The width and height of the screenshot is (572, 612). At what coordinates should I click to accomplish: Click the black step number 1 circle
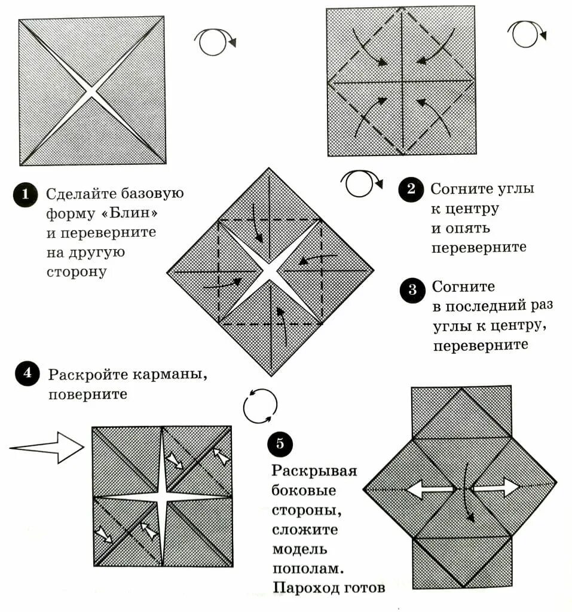(x=25, y=195)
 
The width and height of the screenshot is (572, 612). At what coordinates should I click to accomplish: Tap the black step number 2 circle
(x=410, y=190)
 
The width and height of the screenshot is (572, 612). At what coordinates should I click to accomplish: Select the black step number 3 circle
(x=412, y=290)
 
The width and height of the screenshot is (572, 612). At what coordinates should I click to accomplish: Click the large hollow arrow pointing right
(x=48, y=448)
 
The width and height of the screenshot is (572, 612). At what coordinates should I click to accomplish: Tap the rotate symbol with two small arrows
(x=261, y=406)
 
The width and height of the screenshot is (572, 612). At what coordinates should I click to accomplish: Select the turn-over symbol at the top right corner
(x=527, y=33)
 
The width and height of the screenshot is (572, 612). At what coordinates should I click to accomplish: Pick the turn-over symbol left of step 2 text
(x=362, y=185)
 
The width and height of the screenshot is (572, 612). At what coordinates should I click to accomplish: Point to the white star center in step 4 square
(x=163, y=495)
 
